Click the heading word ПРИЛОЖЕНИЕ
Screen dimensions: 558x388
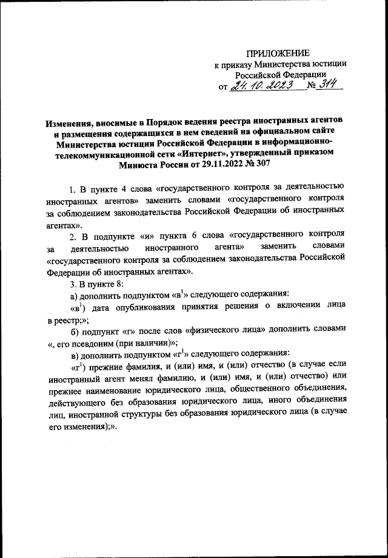point(281,53)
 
